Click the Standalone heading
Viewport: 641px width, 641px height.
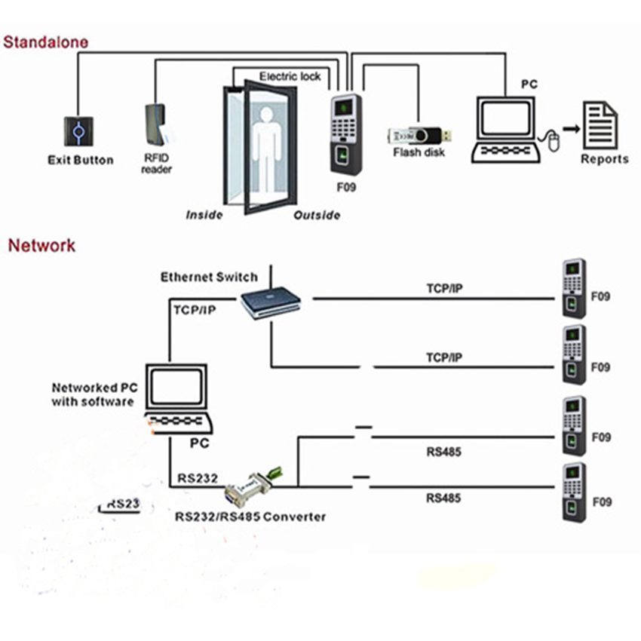[45, 41]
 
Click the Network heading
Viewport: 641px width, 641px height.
[41, 245]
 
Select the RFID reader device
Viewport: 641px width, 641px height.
[156, 124]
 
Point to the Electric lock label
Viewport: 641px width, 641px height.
[290, 76]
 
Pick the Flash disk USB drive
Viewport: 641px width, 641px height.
[419, 136]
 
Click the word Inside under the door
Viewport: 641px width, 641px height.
[204, 215]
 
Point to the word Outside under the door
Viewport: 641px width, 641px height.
[317, 215]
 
